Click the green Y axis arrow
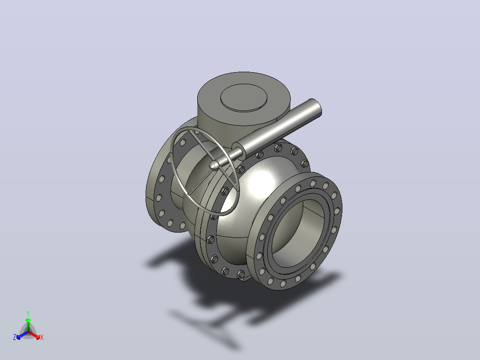[x=28, y=325]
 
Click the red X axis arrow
[x=34, y=335]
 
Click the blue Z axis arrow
[x=22, y=335]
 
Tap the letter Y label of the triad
[x=28, y=314]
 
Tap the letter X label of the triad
[x=42, y=337]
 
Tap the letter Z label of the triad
[x=15, y=337]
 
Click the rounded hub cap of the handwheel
[x=214, y=165]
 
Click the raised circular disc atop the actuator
[x=244, y=98]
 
